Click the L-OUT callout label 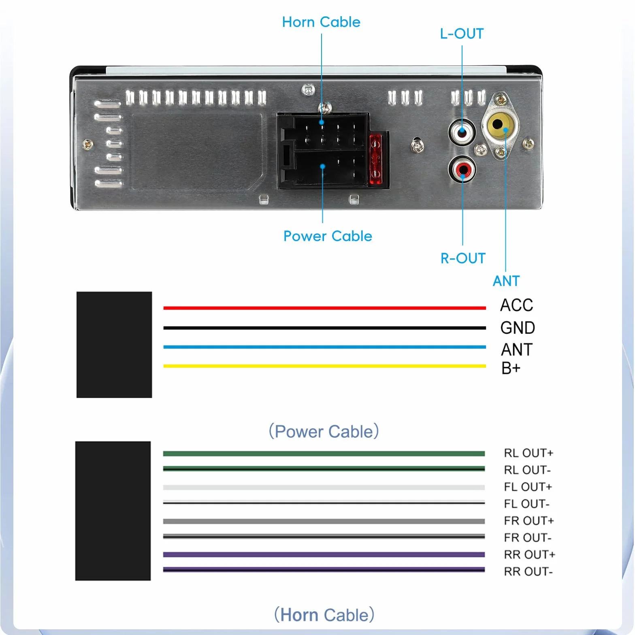click(462, 34)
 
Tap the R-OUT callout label click(463, 258)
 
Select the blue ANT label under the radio click(506, 281)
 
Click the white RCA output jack click(462, 132)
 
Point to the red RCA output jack click(462, 169)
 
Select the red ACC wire click(324, 308)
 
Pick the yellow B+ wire click(324, 366)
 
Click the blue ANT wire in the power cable click(324, 347)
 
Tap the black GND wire click(324, 328)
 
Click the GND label click(518, 328)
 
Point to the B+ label click(511, 368)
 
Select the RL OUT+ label click(528, 453)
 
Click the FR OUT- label click(528, 537)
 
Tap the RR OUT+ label click(529, 554)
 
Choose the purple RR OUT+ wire click(324, 554)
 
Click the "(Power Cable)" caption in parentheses click(324, 431)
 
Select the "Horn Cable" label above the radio click(321, 22)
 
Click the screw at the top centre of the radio click(309, 89)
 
